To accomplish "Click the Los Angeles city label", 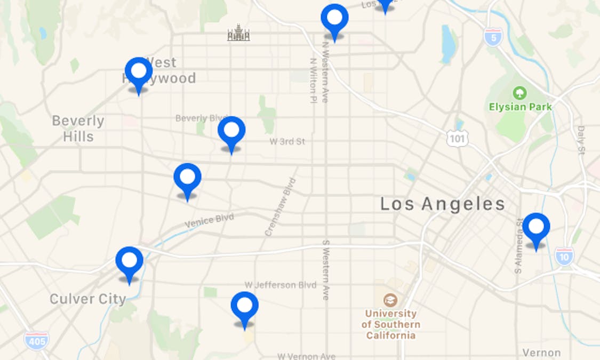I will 442,204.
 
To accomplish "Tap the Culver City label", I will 88,299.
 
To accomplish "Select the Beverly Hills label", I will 78,129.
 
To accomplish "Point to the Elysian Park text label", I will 520,107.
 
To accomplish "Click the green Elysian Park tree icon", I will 519,93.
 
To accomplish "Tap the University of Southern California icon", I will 390,300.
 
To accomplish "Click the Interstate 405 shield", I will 36,340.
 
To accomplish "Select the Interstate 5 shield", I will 493,37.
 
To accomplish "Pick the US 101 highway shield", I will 458,138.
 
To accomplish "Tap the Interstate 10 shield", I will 564,257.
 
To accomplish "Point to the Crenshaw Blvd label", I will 280,207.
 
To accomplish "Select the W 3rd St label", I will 287,142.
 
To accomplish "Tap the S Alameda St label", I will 519,245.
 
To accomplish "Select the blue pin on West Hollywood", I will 139,73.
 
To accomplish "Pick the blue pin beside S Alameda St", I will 536,228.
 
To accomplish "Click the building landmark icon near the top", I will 238,34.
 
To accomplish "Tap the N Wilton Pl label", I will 313,80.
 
